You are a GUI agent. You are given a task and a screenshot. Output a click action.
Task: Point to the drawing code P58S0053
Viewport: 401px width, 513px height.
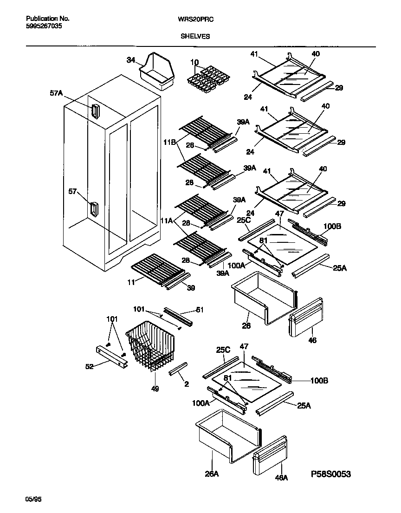331,474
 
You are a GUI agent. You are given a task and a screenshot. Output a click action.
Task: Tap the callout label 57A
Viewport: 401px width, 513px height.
56,93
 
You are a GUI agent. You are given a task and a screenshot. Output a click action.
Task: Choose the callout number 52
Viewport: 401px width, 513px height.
89,366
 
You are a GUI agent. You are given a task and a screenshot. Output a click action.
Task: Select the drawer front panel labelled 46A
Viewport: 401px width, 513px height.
269,456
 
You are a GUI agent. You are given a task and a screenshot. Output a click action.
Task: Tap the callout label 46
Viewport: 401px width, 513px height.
312,340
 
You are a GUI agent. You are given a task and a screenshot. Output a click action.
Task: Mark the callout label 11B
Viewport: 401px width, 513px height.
169,143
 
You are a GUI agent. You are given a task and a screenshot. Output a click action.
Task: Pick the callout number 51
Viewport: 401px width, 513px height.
200,310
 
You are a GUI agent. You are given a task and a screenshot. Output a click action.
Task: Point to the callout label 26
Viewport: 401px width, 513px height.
246,326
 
